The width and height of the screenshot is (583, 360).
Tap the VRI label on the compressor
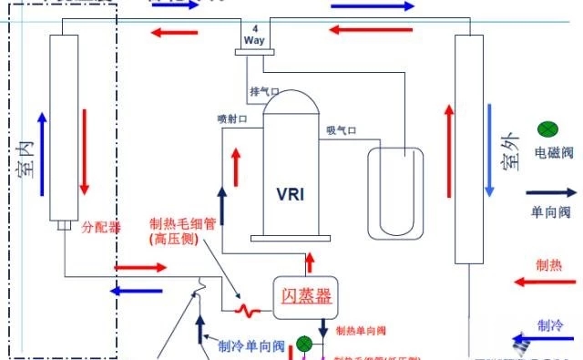292,193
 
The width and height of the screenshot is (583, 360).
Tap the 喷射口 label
231,118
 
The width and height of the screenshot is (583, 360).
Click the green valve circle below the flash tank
304,344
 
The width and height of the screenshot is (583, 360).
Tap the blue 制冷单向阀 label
252,345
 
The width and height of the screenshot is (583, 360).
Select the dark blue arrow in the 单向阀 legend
551,193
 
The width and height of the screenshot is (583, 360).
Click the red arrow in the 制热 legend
550,283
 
